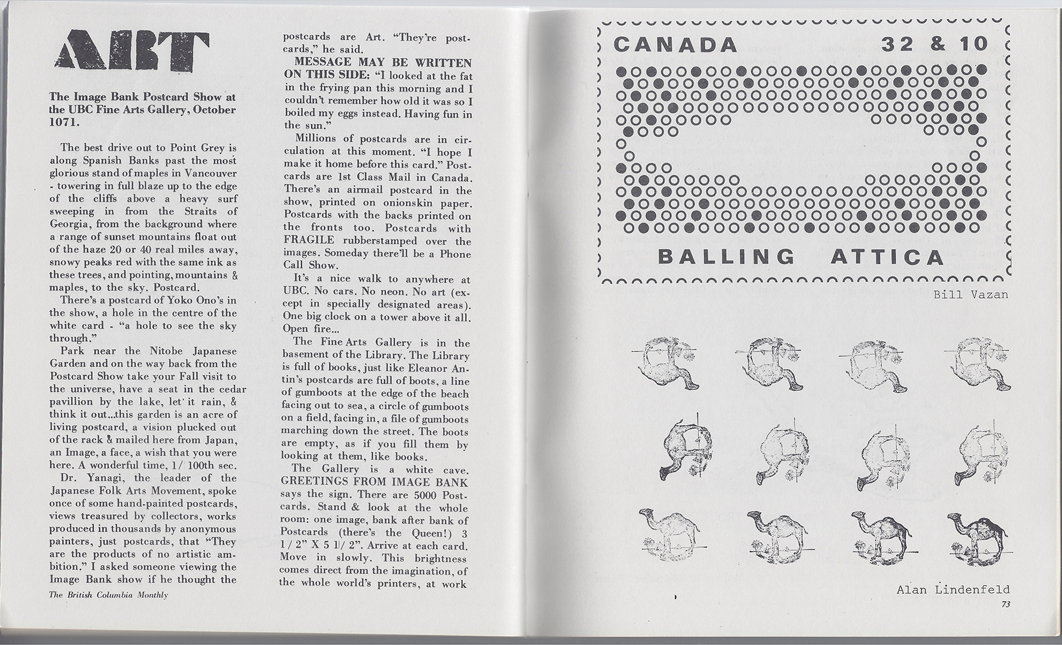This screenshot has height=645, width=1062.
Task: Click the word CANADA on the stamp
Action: tap(675, 45)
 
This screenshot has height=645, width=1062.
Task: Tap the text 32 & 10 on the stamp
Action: tap(934, 44)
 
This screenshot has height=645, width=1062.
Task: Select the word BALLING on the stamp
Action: tap(726, 257)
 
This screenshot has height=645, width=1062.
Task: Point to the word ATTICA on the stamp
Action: tap(887, 257)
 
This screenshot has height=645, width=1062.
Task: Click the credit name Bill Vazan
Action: tap(970, 295)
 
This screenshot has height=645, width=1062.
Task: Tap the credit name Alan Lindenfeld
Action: tap(953, 590)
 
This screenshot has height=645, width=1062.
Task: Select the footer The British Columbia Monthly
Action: tap(108, 595)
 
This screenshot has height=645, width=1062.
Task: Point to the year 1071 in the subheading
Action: tap(64, 122)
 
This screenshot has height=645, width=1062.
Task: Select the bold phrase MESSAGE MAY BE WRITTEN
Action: tap(382, 63)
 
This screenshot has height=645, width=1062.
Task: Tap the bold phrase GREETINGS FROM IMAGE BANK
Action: tap(375, 482)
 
